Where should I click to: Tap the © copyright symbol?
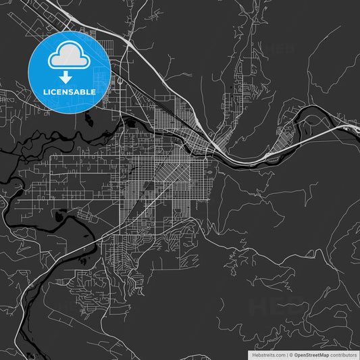coord(292,354)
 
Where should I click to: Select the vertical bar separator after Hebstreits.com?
coord(287,354)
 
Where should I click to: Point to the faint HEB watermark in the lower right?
coord(277,306)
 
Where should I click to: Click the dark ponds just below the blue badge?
coord(88,120)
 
